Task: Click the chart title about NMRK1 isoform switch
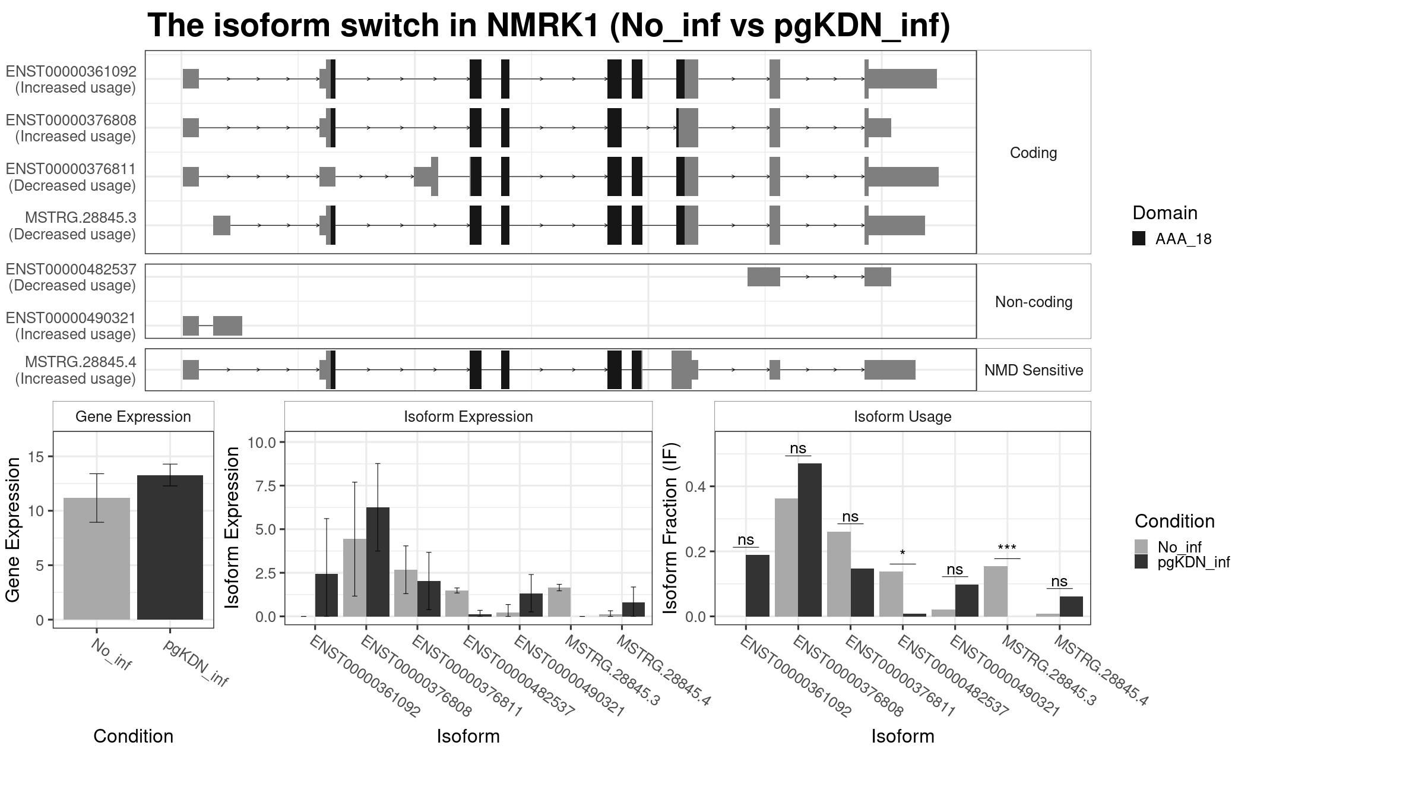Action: [549, 26]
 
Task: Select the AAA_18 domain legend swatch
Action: [1139, 239]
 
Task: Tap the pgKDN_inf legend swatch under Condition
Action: [1141, 562]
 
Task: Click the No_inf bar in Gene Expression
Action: [97, 558]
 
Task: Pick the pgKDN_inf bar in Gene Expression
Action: [170, 547]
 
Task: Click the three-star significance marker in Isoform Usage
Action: [1007, 548]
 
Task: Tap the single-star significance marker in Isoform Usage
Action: [902, 554]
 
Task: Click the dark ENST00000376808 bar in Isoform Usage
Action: [810, 540]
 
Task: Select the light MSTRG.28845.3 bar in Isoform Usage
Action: [996, 591]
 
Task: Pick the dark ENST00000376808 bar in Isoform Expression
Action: [378, 562]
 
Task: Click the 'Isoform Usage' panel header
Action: [902, 416]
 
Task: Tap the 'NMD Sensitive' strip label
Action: [1034, 370]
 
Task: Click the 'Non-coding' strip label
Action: [1034, 302]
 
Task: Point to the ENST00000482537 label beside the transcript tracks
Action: [71, 269]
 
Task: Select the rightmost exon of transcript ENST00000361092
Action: [901, 79]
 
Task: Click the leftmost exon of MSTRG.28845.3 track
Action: [221, 225]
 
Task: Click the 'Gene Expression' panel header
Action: [133, 416]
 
